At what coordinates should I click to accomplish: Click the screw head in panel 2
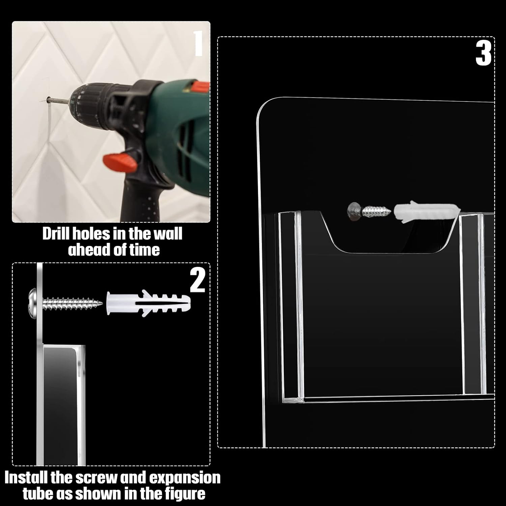34,300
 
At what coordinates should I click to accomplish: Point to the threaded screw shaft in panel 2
73,301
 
